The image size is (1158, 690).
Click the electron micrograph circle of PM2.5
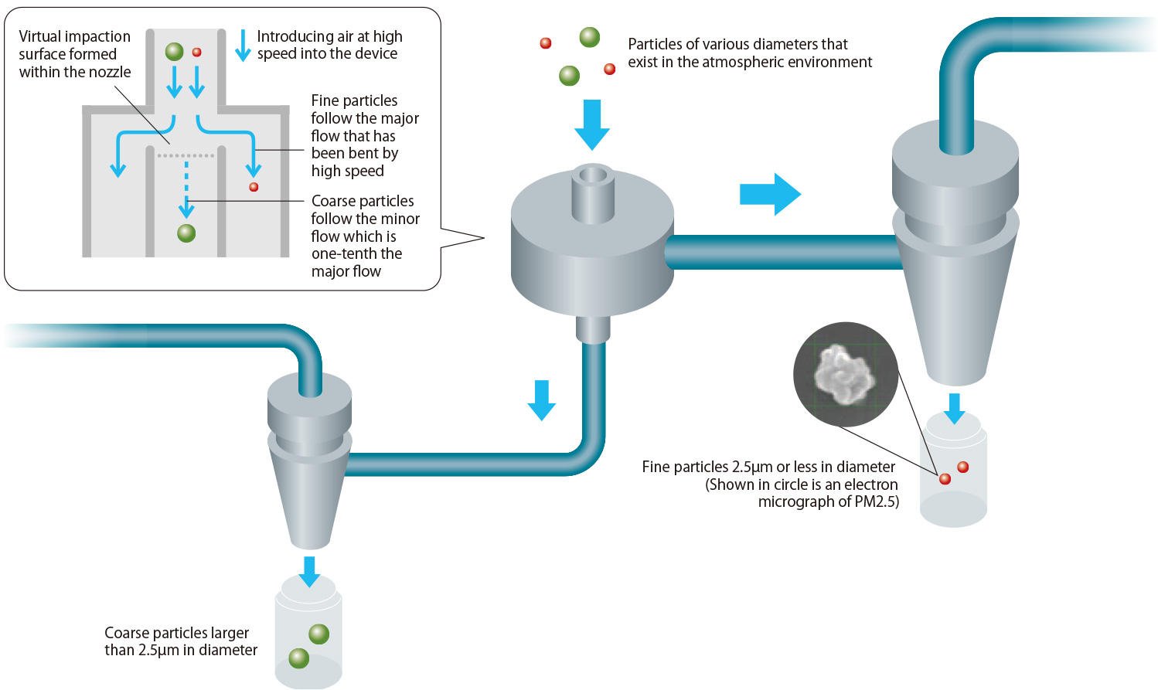(846, 374)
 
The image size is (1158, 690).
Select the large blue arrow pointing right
(769, 194)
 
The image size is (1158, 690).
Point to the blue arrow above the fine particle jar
(955, 408)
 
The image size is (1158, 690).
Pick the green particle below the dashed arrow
(186, 233)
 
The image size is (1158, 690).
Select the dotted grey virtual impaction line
(186, 156)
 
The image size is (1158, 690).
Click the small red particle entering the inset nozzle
(196, 53)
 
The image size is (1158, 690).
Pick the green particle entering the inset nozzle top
(174, 52)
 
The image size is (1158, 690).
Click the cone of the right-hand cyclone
(955, 309)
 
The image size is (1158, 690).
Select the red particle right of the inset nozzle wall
(253, 187)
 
